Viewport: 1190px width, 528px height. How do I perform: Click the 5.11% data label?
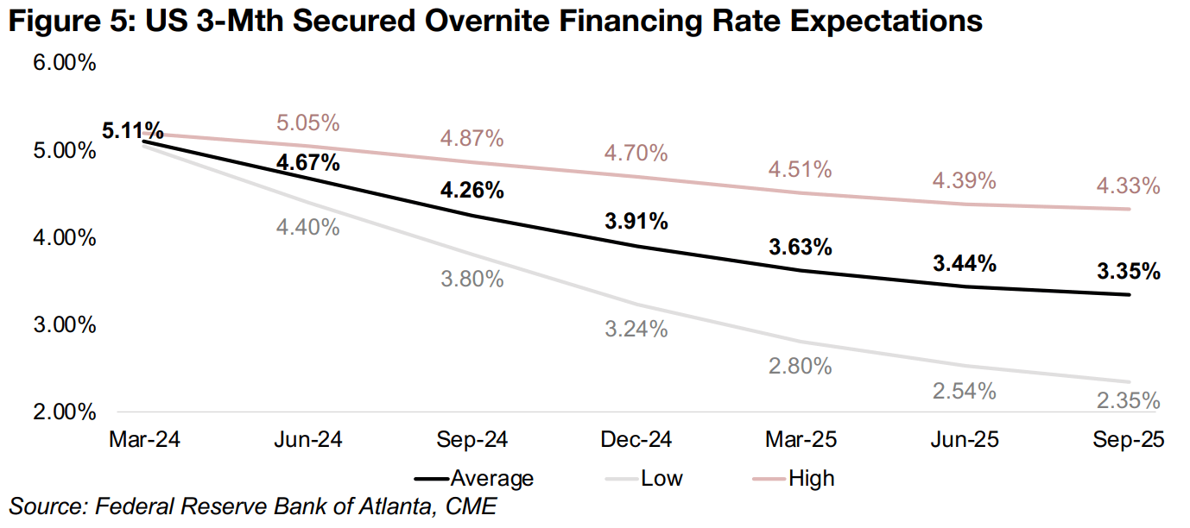coord(133,131)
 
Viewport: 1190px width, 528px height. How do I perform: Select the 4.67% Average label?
coord(308,161)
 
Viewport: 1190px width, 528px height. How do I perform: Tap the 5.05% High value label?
coord(308,123)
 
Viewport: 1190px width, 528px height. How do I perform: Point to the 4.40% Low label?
coord(308,228)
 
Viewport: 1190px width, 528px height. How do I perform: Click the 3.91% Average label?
coord(636,221)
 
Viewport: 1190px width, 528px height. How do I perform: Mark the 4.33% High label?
coord(1129,185)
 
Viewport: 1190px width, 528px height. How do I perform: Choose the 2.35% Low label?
coord(1129,401)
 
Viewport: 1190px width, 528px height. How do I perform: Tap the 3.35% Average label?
coord(1129,272)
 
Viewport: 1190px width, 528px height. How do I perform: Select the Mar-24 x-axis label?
coord(144,440)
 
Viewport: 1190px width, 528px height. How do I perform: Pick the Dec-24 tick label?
coord(636,440)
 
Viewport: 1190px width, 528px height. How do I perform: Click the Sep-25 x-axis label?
coord(1129,440)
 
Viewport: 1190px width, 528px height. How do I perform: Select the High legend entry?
coord(811,478)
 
